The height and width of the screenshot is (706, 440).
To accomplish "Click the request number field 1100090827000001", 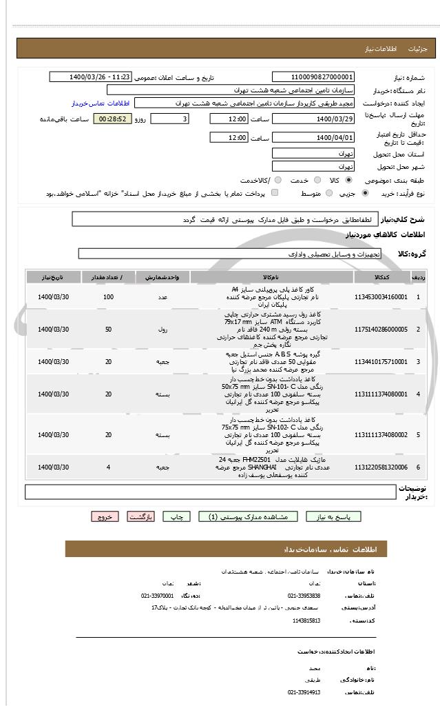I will click(313, 77).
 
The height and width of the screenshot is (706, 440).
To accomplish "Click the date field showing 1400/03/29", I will click(313, 119).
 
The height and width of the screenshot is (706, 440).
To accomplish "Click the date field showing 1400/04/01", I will click(313, 138).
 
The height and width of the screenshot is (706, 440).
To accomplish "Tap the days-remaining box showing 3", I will click(169, 119).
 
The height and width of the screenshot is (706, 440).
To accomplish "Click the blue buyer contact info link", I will click(101, 103).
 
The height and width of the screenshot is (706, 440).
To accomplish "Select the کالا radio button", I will click(349, 180).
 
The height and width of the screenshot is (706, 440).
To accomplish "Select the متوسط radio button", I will click(328, 194).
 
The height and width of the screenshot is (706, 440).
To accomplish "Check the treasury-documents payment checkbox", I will click(275, 194).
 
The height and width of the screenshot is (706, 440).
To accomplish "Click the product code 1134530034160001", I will click(381, 296).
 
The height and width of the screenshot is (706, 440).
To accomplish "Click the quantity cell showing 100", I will click(108, 296).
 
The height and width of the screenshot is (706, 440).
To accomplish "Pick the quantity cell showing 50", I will click(108, 330).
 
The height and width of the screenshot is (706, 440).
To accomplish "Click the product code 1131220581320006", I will click(381, 467).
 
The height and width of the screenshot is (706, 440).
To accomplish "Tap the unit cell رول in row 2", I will click(163, 330).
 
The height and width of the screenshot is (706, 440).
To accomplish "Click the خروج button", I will click(105, 516).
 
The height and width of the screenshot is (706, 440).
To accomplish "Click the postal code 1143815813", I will click(306, 621).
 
